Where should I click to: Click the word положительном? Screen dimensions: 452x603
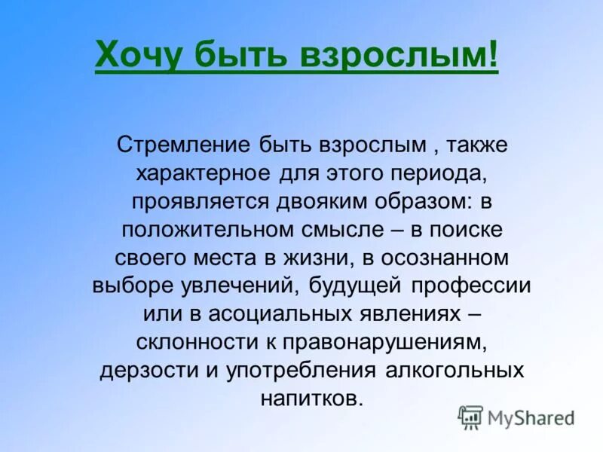click(204, 229)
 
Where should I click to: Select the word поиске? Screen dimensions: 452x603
click(448, 229)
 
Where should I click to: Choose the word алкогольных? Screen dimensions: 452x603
click(451, 371)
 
